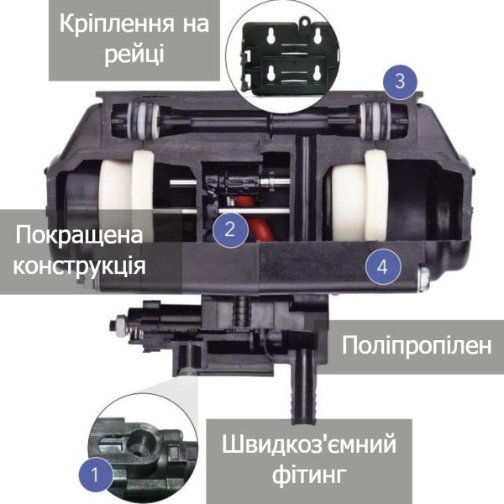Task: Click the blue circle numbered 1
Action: tap(96, 475)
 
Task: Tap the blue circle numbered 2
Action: tap(230, 230)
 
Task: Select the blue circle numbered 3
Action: tap(400, 81)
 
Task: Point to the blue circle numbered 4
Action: tap(382, 267)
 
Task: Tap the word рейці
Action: tap(134, 55)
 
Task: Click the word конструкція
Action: tap(79, 266)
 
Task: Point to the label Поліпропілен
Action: tap(417, 346)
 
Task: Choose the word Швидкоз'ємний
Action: tap(308, 444)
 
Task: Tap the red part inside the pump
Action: tap(259, 218)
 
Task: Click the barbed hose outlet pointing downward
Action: tap(304, 387)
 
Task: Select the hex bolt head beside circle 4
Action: tap(423, 279)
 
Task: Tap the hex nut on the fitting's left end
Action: tap(119, 326)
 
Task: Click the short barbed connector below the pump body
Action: tap(241, 311)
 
